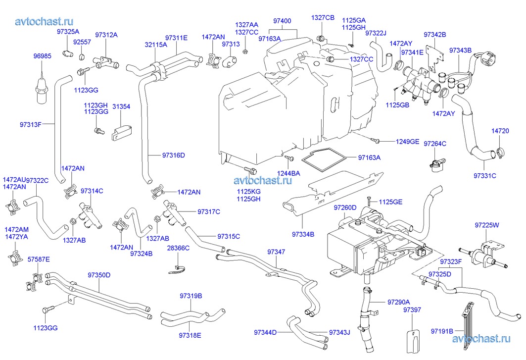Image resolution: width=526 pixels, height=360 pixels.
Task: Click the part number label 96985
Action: tap(42, 56)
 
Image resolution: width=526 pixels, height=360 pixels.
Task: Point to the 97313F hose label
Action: tap(31, 124)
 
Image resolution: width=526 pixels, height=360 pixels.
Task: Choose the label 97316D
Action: tap(173, 155)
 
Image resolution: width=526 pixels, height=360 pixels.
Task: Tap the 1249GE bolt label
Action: tap(407, 142)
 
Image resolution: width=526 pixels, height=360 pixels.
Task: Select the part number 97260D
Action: tap(345, 207)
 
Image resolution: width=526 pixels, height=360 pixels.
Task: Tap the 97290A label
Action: tap(398, 302)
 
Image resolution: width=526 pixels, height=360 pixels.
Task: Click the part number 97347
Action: tap(276, 252)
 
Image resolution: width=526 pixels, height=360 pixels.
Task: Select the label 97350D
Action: tap(99, 275)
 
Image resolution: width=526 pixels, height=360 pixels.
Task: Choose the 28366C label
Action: tap(178, 248)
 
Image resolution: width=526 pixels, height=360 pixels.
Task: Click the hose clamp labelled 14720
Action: tap(500, 153)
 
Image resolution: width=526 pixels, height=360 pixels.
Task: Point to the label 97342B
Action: tap(435, 35)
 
